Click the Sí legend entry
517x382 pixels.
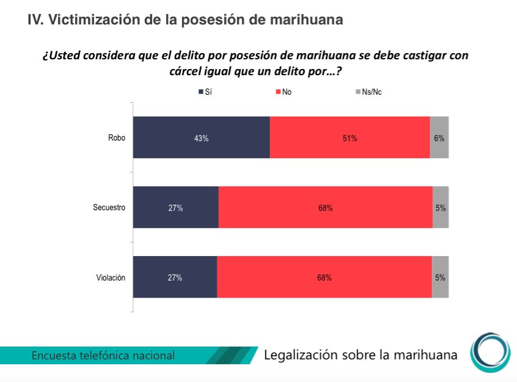click(205, 92)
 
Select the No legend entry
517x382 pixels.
click(283, 92)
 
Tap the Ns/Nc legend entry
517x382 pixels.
click(368, 92)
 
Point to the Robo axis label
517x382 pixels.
click(116, 138)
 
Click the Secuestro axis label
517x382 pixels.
click(109, 207)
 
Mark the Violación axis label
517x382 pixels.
click(111, 277)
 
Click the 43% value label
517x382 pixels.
click(201, 138)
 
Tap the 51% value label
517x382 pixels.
click(350, 138)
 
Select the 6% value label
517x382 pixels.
click(439, 138)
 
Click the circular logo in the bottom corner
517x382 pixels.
click(490, 353)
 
